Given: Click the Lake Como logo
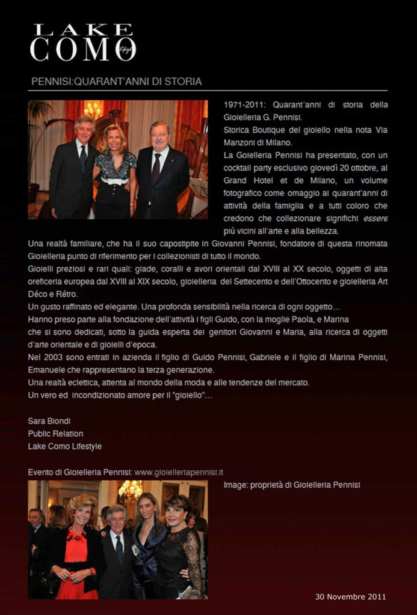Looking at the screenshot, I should (83, 43).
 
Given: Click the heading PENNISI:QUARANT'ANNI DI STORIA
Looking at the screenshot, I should (116, 81).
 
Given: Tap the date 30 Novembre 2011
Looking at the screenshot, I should (351, 596).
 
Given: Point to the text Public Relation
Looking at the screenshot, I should (55, 434).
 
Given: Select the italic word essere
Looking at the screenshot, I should (375, 219).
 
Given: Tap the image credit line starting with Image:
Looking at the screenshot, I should (292, 485).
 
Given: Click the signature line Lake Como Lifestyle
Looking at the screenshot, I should (64, 446).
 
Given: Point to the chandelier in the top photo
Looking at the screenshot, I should (93, 110).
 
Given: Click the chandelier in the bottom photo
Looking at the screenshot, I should (130, 491).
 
